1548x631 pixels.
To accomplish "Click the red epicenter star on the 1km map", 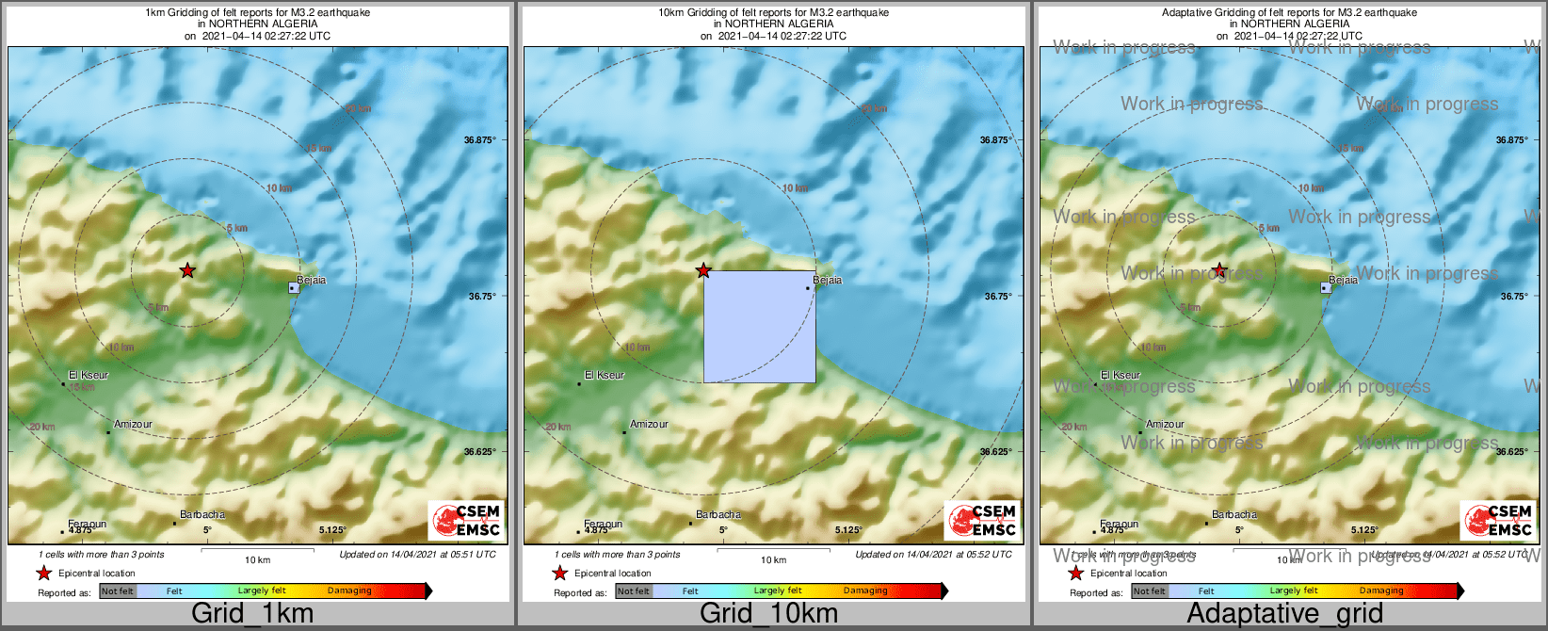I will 187,271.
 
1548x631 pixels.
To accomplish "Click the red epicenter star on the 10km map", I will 703,271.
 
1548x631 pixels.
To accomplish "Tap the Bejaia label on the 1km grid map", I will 312,280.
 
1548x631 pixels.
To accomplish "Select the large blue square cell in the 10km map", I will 760,327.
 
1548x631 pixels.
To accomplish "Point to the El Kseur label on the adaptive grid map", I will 1121,375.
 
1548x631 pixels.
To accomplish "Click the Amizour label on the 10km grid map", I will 649,424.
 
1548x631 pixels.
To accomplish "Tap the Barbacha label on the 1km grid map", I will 202,515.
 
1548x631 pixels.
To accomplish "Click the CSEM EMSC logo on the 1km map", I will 465,521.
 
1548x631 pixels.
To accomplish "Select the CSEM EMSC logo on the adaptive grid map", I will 1497,521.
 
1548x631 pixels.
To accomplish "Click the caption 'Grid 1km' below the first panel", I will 252,613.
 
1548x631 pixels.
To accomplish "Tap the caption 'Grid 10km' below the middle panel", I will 768,613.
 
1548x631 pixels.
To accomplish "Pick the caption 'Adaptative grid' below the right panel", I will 1284,613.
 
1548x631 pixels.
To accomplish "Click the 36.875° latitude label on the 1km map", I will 480,140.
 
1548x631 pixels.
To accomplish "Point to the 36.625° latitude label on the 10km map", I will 996,452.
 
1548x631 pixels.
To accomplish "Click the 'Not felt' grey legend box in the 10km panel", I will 634,591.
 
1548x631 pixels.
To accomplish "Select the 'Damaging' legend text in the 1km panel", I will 349,591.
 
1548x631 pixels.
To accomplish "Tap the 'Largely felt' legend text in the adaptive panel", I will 1294,591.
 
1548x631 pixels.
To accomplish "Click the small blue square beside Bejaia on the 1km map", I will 294,288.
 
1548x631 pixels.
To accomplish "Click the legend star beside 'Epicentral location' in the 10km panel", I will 560,573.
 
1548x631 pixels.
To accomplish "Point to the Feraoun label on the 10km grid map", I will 603,524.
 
